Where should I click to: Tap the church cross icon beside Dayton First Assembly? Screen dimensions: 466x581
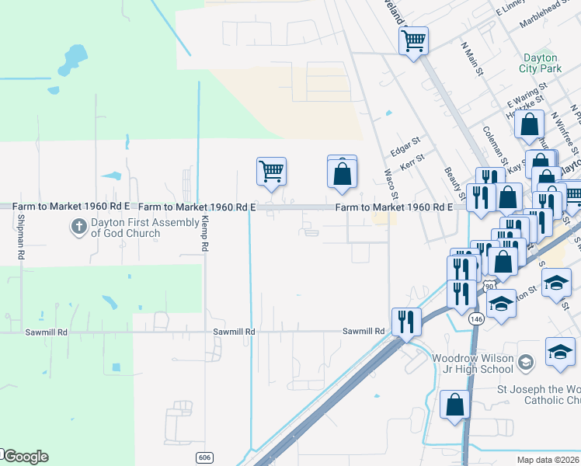click(x=78, y=228)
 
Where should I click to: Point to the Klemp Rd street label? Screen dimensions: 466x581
click(x=205, y=234)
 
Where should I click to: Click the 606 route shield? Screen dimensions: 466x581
click(x=204, y=457)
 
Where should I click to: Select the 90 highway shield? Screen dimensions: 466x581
click(x=489, y=287)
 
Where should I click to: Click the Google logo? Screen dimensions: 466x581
click(x=25, y=457)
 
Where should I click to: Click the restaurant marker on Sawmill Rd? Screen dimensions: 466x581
click(x=406, y=321)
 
